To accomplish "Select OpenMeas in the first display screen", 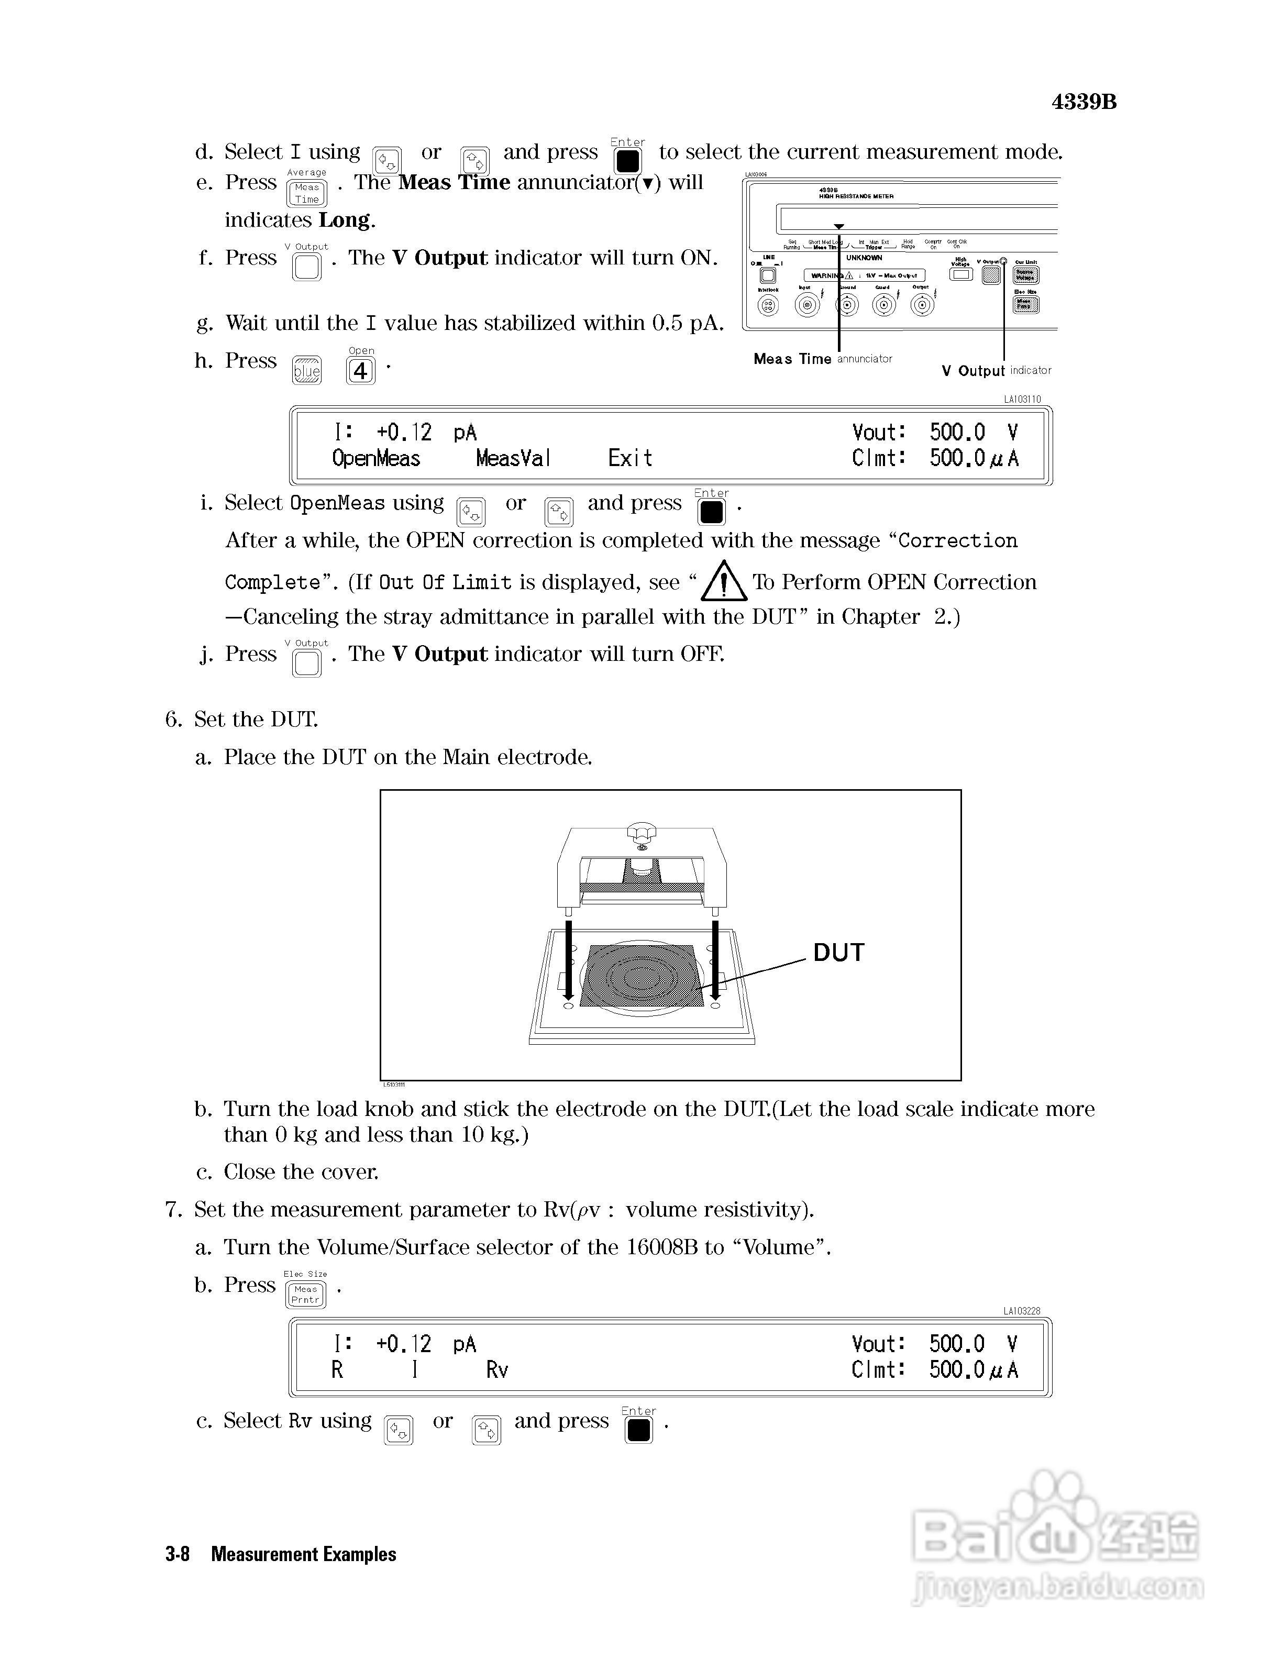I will [376, 459].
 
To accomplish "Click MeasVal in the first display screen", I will [513, 459].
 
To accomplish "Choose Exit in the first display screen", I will [629, 459].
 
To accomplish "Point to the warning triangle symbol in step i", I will [724, 582].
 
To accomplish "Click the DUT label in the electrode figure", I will [838, 953].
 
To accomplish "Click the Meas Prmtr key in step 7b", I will [305, 1295].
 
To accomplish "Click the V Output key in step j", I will [307, 663].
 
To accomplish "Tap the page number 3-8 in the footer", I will [178, 1554].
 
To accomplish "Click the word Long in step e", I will [345, 220].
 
